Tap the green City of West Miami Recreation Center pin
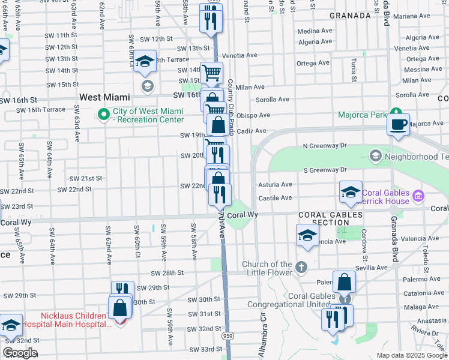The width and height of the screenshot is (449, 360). tap(104, 113)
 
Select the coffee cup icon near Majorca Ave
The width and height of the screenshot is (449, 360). tap(398, 125)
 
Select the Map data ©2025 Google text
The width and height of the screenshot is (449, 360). tap(411, 355)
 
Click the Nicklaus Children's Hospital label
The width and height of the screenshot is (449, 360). tap(76, 320)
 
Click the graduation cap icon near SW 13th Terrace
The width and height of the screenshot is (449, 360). tap(145, 62)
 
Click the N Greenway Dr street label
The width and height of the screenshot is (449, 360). tap(325, 145)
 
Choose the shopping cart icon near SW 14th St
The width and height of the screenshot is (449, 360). tap(211, 73)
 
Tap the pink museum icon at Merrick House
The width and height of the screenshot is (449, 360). tap(418, 196)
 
